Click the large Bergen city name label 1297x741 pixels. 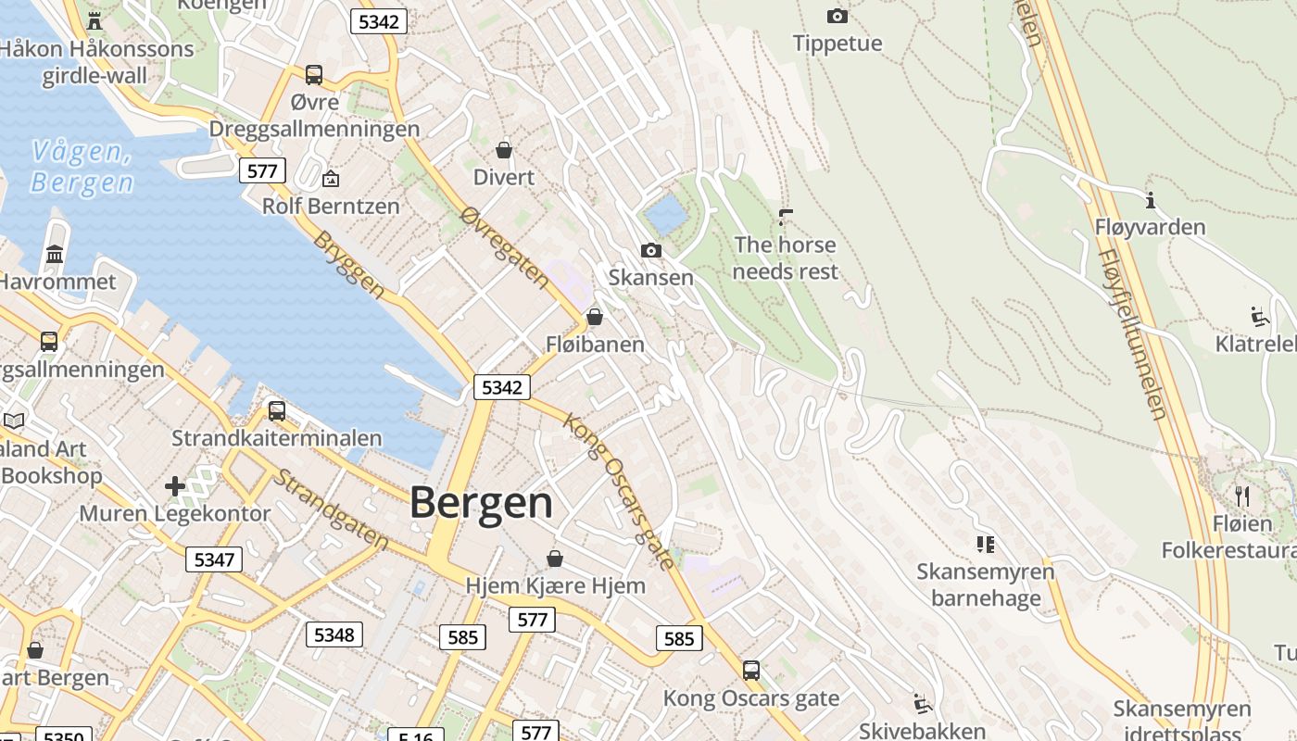pyautogui.click(x=481, y=503)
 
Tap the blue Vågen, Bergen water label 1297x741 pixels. pyautogui.click(x=82, y=167)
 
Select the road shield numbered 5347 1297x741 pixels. pyautogui.click(x=214, y=559)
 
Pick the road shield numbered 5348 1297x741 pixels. pyautogui.click(x=334, y=634)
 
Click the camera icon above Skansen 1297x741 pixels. pyautogui.click(x=651, y=250)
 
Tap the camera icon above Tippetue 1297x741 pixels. pyautogui.click(x=837, y=16)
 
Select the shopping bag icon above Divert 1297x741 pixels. pyautogui.click(x=504, y=150)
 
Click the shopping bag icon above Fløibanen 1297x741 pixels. pyautogui.click(x=595, y=318)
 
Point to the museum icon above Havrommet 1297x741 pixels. pyautogui.click(x=55, y=254)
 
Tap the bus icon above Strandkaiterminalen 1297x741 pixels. pyautogui.click(x=276, y=411)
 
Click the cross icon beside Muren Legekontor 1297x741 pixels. pyautogui.click(x=175, y=485)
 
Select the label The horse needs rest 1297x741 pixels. pyautogui.click(x=785, y=258)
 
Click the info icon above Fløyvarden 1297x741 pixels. pyautogui.click(x=1151, y=200)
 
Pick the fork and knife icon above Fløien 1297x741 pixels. pyautogui.click(x=1242, y=496)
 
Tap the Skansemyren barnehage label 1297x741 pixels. pyautogui.click(x=986, y=584)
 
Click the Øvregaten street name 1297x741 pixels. pyautogui.click(x=504, y=246)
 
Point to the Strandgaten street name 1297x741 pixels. pyautogui.click(x=331, y=510)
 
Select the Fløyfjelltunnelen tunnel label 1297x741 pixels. pyautogui.click(x=1132, y=333)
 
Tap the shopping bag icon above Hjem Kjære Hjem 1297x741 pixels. pyautogui.click(x=554, y=559)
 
